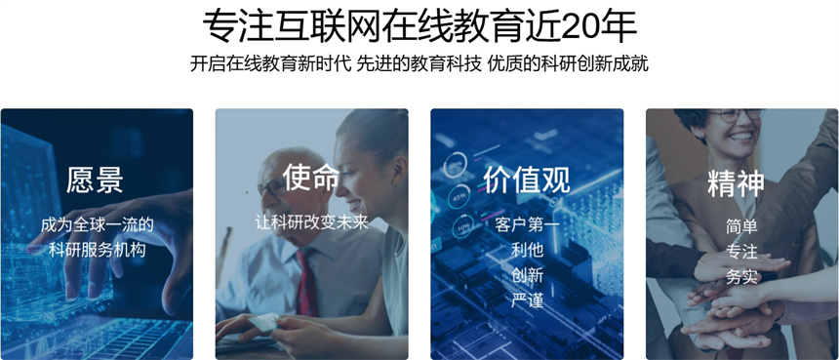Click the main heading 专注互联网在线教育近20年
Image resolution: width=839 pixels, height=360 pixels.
click(419, 23)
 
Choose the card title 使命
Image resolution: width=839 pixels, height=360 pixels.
click(311, 177)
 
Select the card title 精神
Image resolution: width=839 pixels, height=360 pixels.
click(736, 181)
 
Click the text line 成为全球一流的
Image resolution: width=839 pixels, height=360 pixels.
click(97, 224)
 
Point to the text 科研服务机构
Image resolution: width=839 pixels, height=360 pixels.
click(97, 249)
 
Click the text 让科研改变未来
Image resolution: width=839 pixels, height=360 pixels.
click(312, 221)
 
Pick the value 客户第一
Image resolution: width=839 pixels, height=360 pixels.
click(527, 225)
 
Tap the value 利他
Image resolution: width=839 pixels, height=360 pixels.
click(527, 250)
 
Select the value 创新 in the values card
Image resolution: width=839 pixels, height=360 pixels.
click(527, 274)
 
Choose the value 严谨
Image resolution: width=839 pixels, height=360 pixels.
click(527, 300)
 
